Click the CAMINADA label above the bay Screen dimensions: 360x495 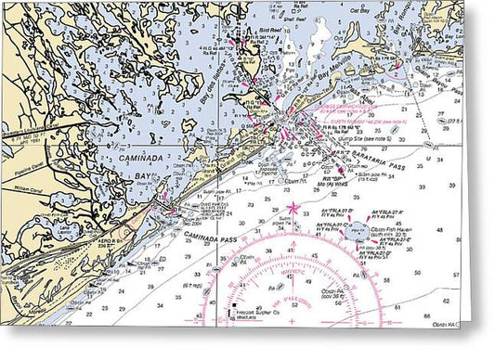coord(139,160)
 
